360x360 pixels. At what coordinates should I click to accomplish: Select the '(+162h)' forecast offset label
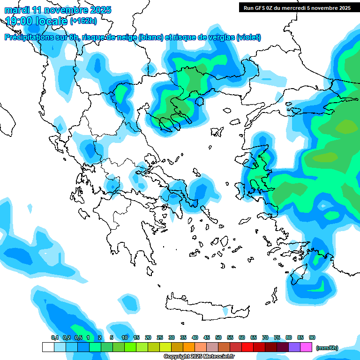(x=83, y=21)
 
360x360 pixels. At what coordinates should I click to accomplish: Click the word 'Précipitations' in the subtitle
(x=28, y=37)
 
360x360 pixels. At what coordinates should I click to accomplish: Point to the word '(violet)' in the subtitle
(x=248, y=37)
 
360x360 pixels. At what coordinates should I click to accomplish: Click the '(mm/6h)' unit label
(x=327, y=348)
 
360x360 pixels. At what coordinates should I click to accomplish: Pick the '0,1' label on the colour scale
(x=54, y=337)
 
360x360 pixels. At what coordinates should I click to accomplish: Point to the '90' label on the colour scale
(x=312, y=337)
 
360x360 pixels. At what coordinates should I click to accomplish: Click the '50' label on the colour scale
(x=218, y=337)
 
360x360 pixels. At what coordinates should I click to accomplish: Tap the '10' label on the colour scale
(x=125, y=337)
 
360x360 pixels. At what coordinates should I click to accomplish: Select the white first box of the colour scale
(x=48, y=347)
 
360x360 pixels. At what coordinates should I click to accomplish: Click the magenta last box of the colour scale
(x=306, y=347)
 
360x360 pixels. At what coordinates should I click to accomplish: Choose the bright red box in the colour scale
(x=247, y=347)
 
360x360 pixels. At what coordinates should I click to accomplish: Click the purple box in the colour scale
(x=294, y=347)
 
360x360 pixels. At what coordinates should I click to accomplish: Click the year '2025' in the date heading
(x=99, y=10)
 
